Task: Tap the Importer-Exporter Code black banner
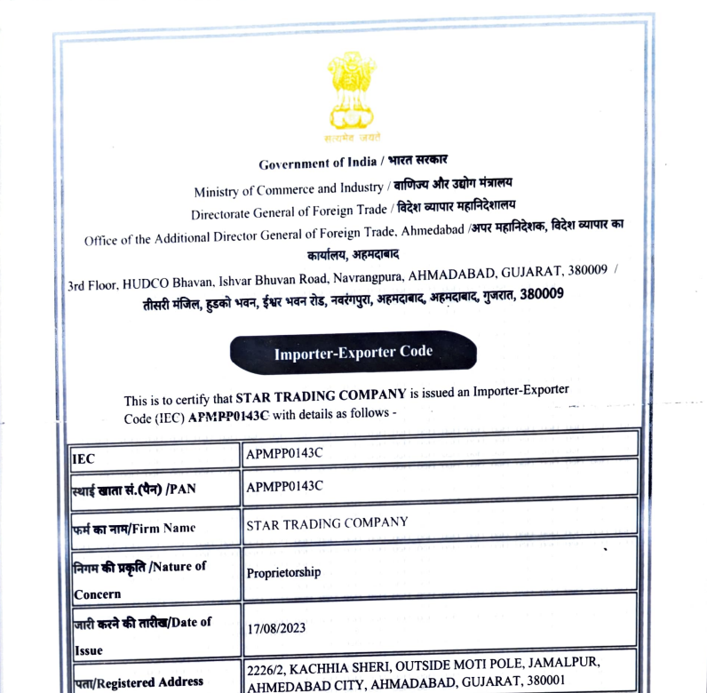coord(353,352)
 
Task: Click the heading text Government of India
coord(318,164)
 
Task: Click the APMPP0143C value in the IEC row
coord(284,451)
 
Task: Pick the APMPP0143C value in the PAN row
coord(284,485)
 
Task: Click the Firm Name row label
coord(133,529)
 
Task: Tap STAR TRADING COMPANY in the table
coord(327,522)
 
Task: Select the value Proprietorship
coord(283,572)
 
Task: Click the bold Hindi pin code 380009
coord(541,295)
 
